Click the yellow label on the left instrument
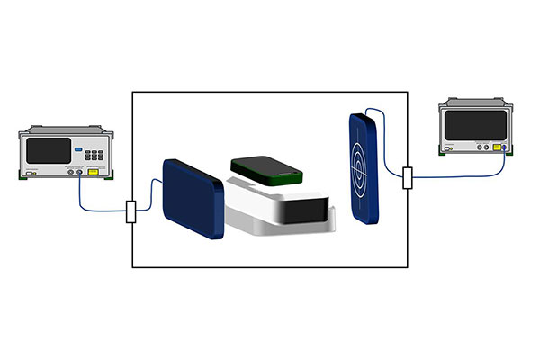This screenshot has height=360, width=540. [x=93, y=170]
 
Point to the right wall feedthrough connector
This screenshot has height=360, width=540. [x=408, y=177]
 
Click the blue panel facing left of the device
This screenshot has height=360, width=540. [x=193, y=199]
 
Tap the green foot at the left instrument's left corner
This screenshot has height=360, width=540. [x=24, y=178]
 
